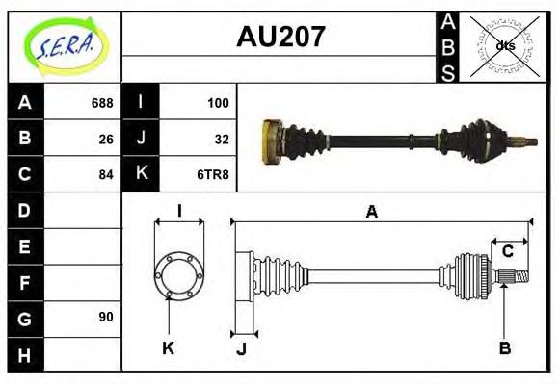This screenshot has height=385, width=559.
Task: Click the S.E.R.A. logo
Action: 65,44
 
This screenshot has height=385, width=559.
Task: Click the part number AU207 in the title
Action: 280,38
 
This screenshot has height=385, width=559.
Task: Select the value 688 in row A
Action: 102,103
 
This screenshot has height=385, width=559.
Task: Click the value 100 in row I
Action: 218,103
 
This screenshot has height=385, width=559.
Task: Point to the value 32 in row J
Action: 221,139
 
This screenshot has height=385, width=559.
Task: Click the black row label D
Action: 25,210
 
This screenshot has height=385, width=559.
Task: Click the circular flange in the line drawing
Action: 179,274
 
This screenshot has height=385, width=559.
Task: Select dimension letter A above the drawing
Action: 371,212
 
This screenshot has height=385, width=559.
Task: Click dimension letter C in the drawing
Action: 507,252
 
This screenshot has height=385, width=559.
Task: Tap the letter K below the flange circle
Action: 168,348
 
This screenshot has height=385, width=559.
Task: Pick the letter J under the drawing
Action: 241,348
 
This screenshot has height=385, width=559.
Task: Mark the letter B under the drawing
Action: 504,348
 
